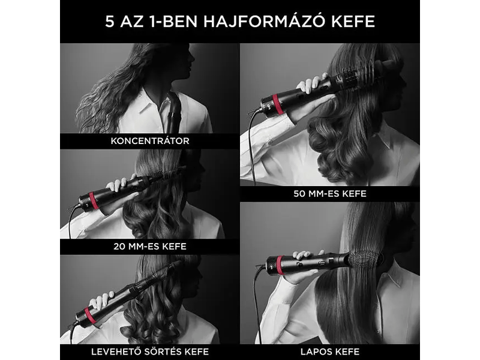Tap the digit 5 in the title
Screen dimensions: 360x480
(x=109, y=22)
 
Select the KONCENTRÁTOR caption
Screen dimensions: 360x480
(x=150, y=142)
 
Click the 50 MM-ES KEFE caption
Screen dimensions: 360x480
(x=330, y=194)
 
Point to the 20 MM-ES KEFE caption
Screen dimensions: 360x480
(x=149, y=246)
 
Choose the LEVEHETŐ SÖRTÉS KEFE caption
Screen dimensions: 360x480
(x=149, y=352)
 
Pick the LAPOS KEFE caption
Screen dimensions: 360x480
(x=330, y=352)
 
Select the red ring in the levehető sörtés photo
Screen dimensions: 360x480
(x=90, y=316)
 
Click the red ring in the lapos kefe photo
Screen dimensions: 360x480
(x=280, y=265)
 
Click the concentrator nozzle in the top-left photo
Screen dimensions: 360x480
(x=175, y=114)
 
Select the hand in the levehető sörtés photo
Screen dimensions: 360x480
(x=102, y=300)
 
